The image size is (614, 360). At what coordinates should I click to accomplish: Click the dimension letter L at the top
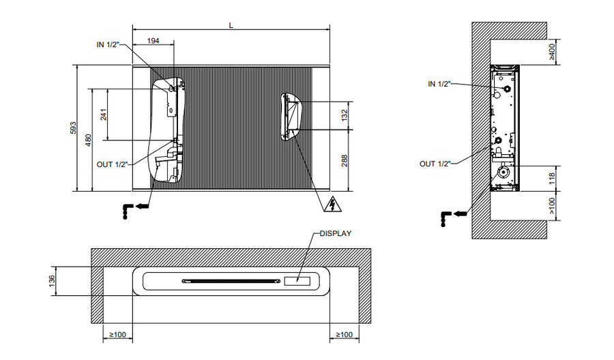(x=231, y=25)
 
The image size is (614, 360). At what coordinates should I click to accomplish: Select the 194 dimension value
(x=153, y=42)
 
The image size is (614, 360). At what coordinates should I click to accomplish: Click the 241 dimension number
(x=104, y=115)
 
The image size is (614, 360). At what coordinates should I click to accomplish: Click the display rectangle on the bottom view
(x=297, y=280)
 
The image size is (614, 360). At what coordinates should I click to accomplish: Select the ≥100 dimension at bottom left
(x=117, y=335)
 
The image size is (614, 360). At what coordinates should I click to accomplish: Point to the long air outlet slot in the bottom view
(x=231, y=280)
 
